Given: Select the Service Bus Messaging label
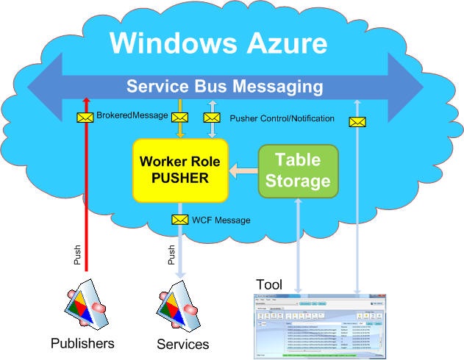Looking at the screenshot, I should pyautogui.click(x=224, y=87).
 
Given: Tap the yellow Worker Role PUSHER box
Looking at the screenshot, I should pyautogui.click(x=180, y=169).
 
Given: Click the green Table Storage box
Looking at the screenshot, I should pyautogui.click(x=298, y=170).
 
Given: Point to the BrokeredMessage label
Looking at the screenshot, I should pyautogui.click(x=132, y=116).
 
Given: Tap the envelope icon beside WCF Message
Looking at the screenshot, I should pyautogui.click(x=179, y=220).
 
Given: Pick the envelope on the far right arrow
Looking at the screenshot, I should pyautogui.click(x=357, y=122).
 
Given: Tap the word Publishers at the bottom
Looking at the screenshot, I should pyautogui.click(x=82, y=343).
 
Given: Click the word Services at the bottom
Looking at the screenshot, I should pyautogui.click(x=182, y=344).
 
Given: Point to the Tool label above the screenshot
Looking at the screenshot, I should pyautogui.click(x=268, y=284).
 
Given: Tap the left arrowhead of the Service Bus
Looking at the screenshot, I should pyautogui.click(x=44, y=87).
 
